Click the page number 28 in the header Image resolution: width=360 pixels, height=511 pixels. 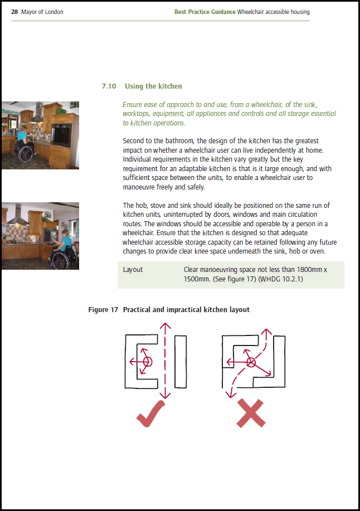14,12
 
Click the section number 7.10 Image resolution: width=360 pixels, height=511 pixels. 109,86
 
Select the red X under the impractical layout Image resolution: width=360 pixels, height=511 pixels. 250,413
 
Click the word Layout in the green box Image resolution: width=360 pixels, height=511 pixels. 133,270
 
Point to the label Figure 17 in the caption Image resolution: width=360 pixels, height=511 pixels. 103,309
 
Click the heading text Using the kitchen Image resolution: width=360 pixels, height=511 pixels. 153,86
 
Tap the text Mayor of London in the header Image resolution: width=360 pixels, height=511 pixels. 42,12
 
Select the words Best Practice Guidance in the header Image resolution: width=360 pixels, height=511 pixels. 205,12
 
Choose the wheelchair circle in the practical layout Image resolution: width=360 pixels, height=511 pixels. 148,362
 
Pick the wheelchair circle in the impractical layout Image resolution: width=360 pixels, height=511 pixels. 251,362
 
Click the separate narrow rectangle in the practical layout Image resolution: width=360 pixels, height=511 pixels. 180,361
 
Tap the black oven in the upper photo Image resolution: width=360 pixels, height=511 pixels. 63,133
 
